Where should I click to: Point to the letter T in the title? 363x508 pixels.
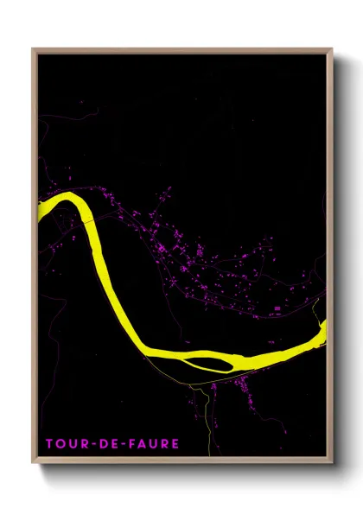pos(50,444)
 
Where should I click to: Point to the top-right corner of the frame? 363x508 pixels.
pos(331,50)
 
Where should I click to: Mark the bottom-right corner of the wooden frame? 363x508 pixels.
pos(331,463)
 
